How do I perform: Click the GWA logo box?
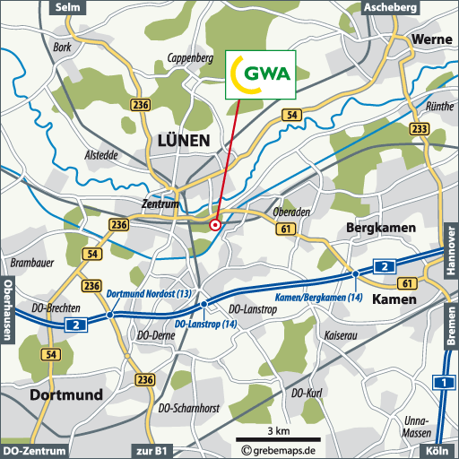[x=260, y=74]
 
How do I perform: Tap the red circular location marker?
[x=215, y=225]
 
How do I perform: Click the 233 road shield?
[x=418, y=129]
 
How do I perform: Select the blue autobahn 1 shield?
[x=441, y=383]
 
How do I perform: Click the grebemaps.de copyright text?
[x=281, y=449]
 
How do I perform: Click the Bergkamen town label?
[x=381, y=229]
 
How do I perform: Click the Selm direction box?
[x=67, y=7]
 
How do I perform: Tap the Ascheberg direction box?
[x=390, y=7]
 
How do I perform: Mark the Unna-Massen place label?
[x=418, y=427]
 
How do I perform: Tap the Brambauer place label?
[x=28, y=263]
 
